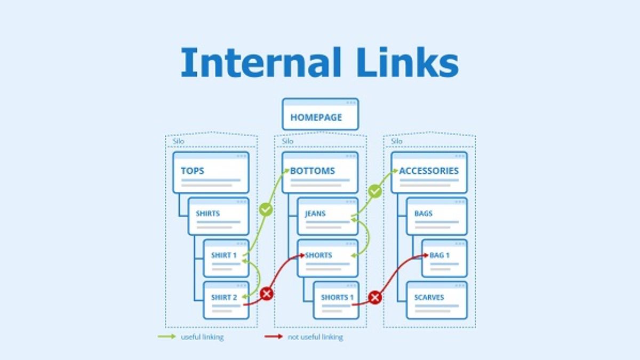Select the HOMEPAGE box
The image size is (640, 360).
click(320, 114)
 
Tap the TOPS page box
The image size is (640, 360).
click(211, 172)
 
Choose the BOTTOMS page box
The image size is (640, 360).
click(320, 172)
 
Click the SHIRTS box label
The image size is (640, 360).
click(208, 213)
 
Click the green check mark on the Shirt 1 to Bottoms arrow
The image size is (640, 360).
click(266, 210)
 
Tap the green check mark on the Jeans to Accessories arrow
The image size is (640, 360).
click(375, 191)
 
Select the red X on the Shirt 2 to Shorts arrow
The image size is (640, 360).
click(266, 293)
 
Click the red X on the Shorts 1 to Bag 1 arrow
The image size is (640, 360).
click(375, 298)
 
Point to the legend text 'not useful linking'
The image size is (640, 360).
click(315, 337)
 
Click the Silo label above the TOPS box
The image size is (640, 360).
click(178, 141)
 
